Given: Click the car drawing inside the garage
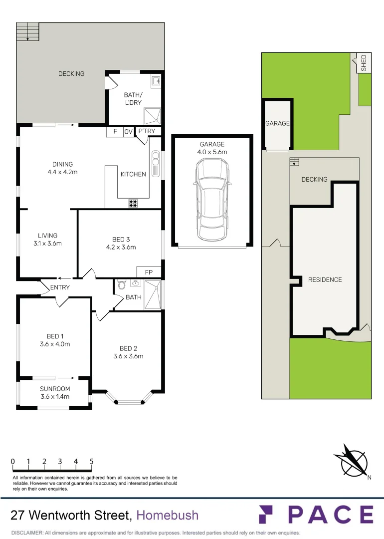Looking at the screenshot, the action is (x=212, y=199).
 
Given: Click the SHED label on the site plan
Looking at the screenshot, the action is (x=364, y=63).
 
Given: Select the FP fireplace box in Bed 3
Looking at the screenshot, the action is (x=149, y=272).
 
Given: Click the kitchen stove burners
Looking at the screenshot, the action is (x=133, y=203).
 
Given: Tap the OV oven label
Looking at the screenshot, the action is (x=128, y=132).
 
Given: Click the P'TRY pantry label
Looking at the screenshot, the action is (x=147, y=131).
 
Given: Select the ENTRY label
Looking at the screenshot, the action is (x=60, y=287).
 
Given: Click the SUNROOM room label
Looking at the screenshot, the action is (x=55, y=389).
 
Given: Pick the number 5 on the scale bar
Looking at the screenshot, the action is (x=92, y=462).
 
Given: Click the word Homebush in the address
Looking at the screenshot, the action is (x=168, y=515).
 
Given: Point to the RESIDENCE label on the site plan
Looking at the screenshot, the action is (x=325, y=280).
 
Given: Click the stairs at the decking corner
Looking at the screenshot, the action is (x=28, y=31).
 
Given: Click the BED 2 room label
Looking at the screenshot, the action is (x=129, y=348).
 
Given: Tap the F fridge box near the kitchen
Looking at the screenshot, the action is (x=115, y=132).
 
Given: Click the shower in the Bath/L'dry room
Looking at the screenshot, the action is (x=152, y=116).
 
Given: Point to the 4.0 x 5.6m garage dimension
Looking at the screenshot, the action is (x=212, y=152).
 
